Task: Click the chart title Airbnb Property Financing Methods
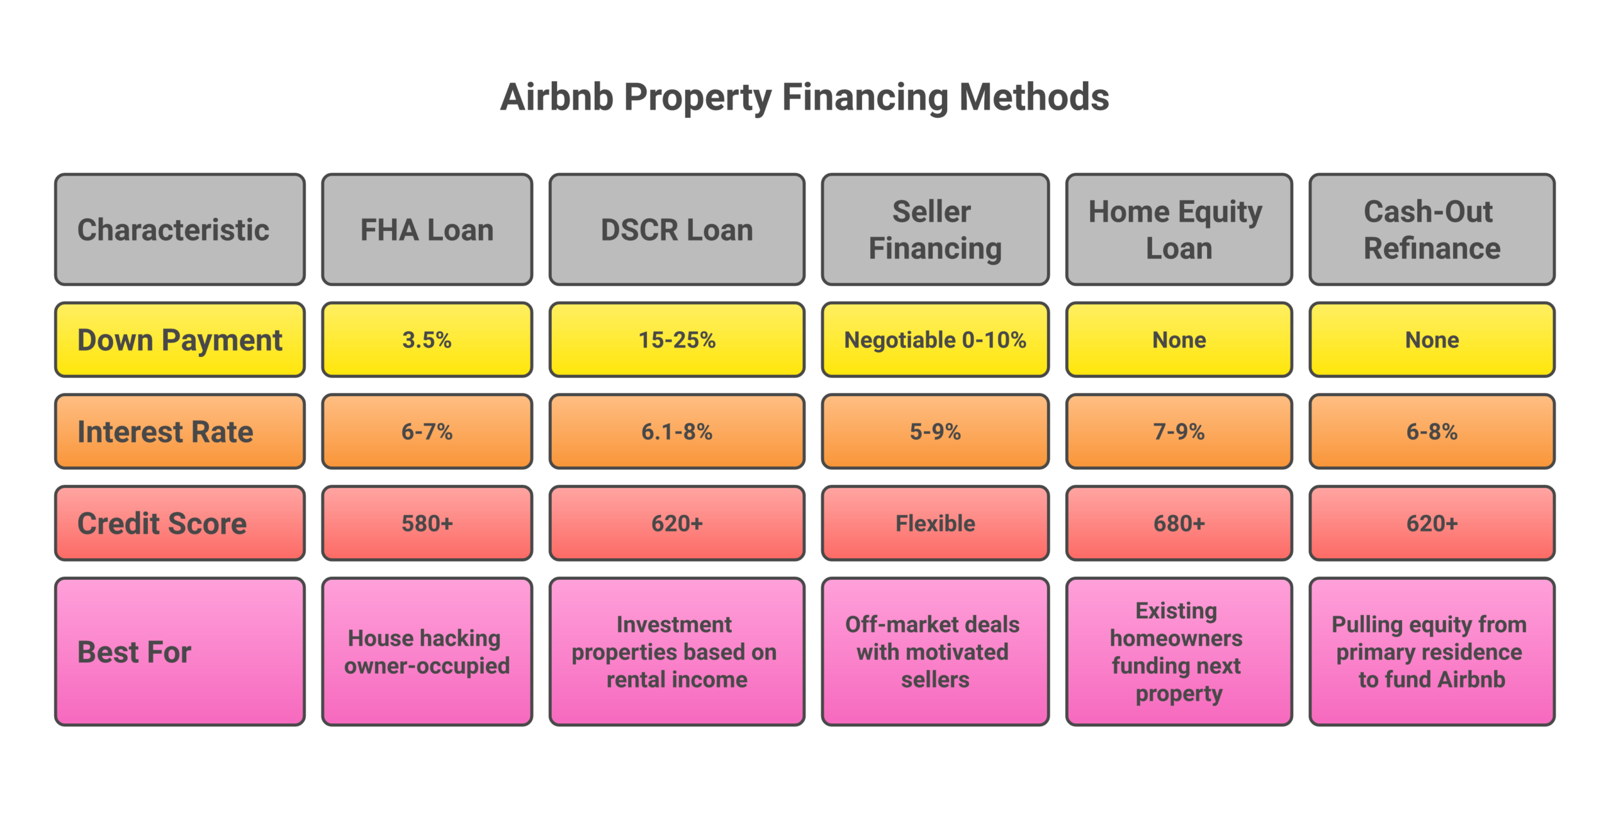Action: (804, 98)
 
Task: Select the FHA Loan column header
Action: (427, 230)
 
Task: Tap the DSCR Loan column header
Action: (676, 230)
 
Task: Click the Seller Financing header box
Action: (935, 230)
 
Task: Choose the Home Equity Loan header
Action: (1179, 230)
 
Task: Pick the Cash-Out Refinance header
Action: (1432, 230)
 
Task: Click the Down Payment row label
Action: (180, 340)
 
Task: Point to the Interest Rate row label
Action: (180, 432)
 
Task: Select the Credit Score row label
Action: (180, 523)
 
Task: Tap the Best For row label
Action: (180, 652)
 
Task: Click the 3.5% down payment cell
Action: (427, 340)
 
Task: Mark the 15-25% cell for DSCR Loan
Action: (676, 340)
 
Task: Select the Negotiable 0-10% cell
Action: (935, 340)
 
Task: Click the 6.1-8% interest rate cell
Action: (676, 432)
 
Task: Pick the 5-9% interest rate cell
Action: (935, 432)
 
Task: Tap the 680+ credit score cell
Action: (1179, 523)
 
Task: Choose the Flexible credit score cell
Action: (935, 523)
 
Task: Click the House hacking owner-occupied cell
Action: (427, 652)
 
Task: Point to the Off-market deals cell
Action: (935, 652)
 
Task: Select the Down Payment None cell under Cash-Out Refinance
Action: (1432, 340)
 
